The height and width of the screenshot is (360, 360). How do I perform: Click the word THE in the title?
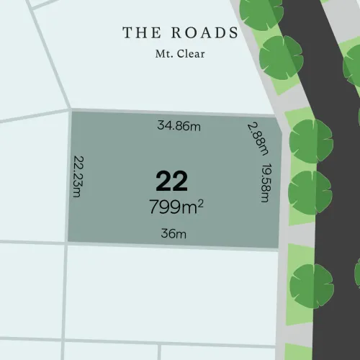pyautogui.click(x=139, y=32)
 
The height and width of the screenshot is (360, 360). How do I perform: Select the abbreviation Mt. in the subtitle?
pyautogui.click(x=163, y=53)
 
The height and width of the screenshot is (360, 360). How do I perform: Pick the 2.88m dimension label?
pyautogui.click(x=257, y=138)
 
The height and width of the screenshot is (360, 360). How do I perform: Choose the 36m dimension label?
pyautogui.click(x=174, y=234)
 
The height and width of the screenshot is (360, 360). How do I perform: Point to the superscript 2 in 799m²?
pyautogui.click(x=200, y=203)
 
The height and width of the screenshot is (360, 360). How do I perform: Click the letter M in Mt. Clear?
pyautogui.click(x=159, y=53)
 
